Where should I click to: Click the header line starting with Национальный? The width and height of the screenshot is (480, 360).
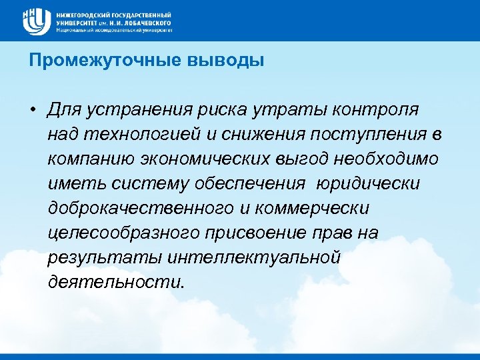[x=114, y=30]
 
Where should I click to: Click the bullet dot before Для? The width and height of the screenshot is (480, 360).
[x=33, y=109]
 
